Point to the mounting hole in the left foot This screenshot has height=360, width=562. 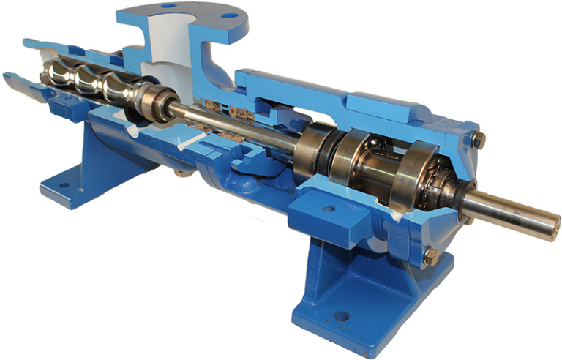64,185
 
